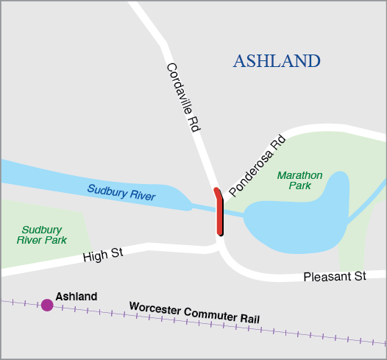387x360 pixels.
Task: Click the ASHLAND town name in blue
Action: click(x=276, y=61)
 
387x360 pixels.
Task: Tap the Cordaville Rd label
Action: click(x=183, y=96)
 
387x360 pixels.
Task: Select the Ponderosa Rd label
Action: click(x=257, y=165)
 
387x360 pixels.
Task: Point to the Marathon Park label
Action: click(x=299, y=180)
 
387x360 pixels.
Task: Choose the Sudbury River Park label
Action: click(x=44, y=235)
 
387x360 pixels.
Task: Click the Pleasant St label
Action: click(x=335, y=277)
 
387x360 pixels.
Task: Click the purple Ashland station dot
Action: click(x=47, y=304)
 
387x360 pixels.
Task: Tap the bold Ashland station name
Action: click(x=77, y=296)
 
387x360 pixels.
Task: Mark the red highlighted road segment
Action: click(x=219, y=213)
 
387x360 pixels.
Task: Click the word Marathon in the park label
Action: click(x=299, y=175)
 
